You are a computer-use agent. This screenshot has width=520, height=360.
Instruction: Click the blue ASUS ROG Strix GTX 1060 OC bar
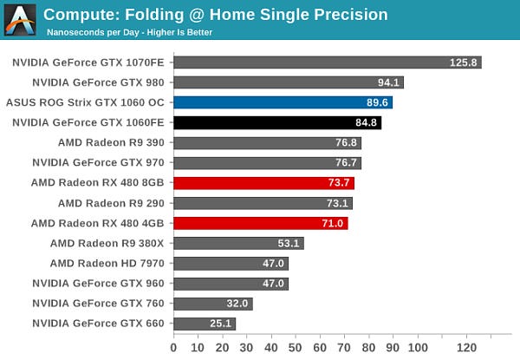pyautogui.click(x=283, y=102)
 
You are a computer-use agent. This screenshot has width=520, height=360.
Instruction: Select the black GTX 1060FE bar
pyautogui.click(x=277, y=122)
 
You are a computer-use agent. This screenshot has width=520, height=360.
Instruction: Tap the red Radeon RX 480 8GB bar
pyautogui.click(x=264, y=182)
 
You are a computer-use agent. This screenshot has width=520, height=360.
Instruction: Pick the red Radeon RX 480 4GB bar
pyautogui.click(x=261, y=223)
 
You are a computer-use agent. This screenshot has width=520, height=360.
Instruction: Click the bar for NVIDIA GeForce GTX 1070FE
pyautogui.click(x=328, y=62)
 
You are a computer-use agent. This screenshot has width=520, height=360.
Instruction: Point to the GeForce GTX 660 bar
pyautogui.click(x=205, y=324)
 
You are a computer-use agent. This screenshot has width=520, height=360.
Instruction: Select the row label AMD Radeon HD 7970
pyautogui.click(x=107, y=263)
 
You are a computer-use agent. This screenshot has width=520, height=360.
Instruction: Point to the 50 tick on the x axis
pyautogui.click(x=296, y=348)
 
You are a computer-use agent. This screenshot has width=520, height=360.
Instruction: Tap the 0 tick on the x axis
pyautogui.click(x=174, y=348)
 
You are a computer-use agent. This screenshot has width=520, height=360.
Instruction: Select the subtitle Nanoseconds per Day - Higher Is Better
pyautogui.click(x=129, y=32)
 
